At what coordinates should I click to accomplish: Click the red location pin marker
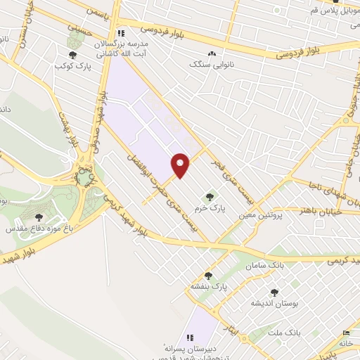coord(181,165)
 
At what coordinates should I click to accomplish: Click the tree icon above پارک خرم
coord(207,196)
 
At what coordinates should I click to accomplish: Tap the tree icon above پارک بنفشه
coord(207,276)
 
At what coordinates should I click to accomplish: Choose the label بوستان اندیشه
coord(274,303)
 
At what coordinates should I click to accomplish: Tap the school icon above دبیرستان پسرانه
coord(189,337)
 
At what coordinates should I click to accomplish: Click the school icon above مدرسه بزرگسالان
coord(122,33)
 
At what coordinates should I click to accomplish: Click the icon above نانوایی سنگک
coord(211,53)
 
